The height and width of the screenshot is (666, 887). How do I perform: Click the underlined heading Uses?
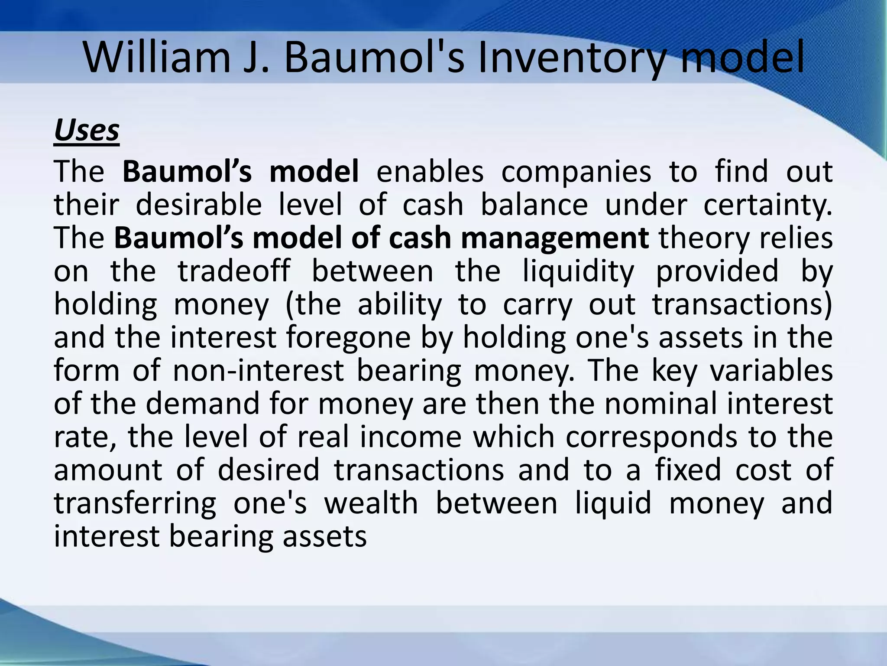coord(87,130)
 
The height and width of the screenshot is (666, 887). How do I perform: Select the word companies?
coord(576,172)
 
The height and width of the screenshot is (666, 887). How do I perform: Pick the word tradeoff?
coord(234,271)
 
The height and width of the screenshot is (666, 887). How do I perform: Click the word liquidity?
coord(578,271)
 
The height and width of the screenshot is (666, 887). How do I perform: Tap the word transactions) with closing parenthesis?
coord(742,304)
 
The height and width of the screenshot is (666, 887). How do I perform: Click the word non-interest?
coord(258,371)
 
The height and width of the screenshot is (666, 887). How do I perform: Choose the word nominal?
coord(660,404)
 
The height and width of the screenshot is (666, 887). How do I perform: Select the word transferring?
coord(135,504)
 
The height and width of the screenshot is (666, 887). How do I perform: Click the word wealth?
coord(371,504)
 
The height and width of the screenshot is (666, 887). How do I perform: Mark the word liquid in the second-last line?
coord(613,504)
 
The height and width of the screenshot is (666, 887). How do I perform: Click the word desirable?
coord(199,205)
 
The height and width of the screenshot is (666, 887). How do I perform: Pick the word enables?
coord(430,172)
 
